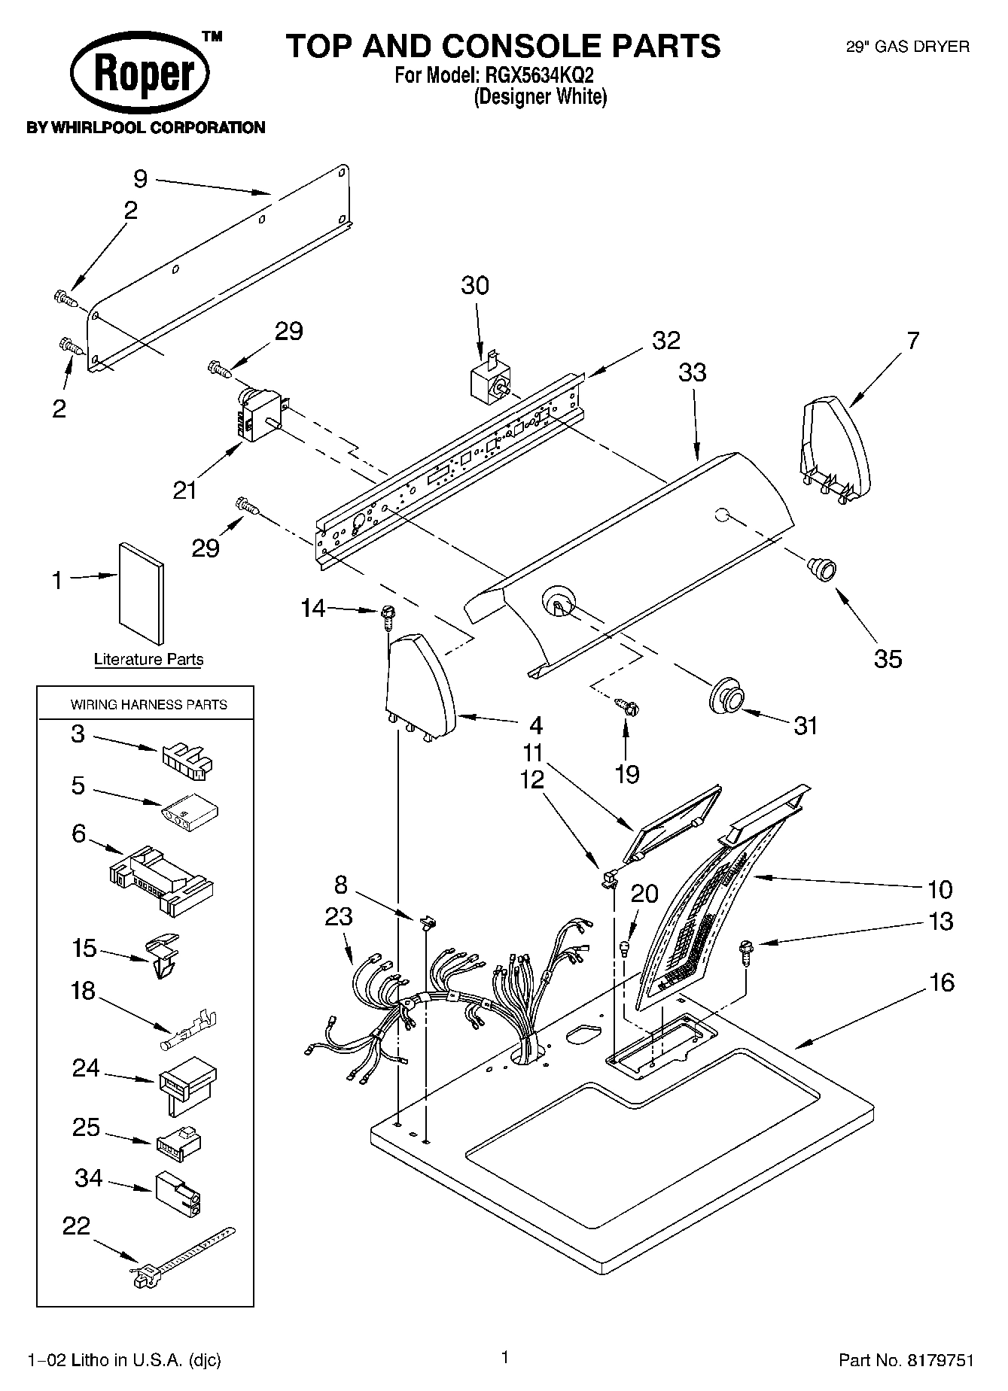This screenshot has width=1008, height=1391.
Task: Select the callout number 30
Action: [x=475, y=285]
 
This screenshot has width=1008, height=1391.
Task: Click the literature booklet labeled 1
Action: [x=141, y=594]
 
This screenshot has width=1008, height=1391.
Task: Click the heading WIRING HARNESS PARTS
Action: [x=149, y=705]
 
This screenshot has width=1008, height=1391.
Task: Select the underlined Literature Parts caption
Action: [x=148, y=660]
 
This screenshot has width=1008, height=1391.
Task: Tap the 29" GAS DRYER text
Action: [x=908, y=47]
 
